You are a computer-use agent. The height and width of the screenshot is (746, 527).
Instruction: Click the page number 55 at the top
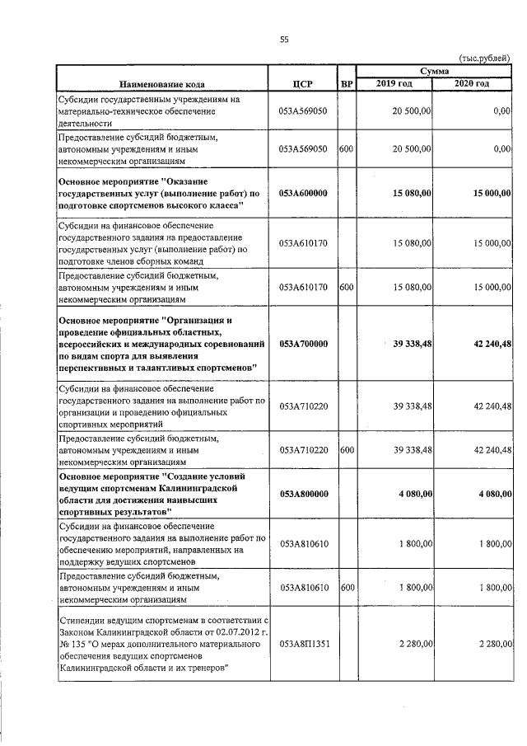click(283, 40)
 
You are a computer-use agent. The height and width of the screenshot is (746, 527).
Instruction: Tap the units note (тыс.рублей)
click(486, 59)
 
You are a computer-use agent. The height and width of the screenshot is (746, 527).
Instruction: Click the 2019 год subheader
click(394, 84)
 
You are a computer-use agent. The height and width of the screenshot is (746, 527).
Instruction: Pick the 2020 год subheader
click(473, 84)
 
